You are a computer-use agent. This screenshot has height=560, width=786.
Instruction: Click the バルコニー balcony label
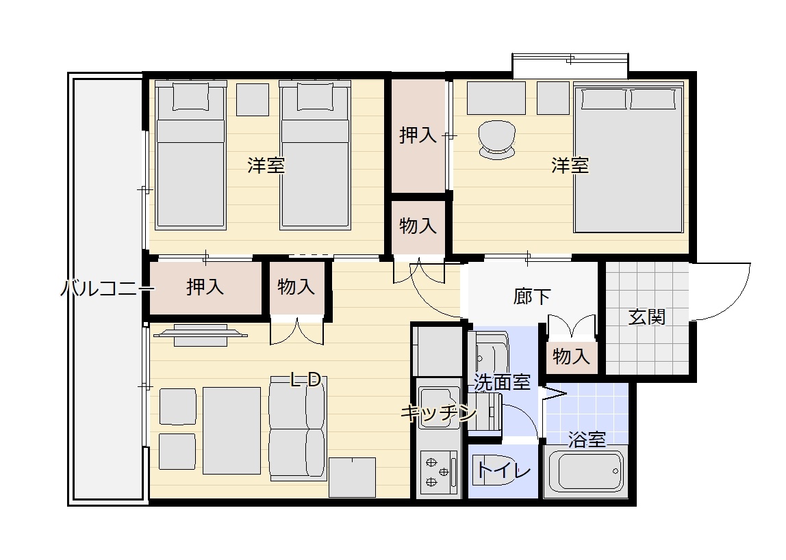pos(107,289)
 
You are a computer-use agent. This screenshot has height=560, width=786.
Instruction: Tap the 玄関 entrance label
pos(646,317)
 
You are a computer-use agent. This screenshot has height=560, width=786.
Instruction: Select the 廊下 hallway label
pos(532,296)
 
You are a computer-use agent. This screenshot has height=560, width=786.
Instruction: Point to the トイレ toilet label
pos(504,470)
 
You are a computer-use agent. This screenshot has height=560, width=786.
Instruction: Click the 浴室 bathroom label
pos(587,440)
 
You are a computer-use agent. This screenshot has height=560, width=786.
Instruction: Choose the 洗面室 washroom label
pos(503,383)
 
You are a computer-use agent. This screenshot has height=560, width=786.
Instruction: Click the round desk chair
pos(497,139)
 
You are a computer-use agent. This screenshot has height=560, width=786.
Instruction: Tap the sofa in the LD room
pos(298,429)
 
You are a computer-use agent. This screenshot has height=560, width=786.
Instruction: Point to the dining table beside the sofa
pos(231,430)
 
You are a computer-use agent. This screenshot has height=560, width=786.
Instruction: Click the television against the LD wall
pos(201,334)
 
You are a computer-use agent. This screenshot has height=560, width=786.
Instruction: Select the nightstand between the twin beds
pos(252,99)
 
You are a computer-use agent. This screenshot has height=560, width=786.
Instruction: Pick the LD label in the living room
pos(306,380)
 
